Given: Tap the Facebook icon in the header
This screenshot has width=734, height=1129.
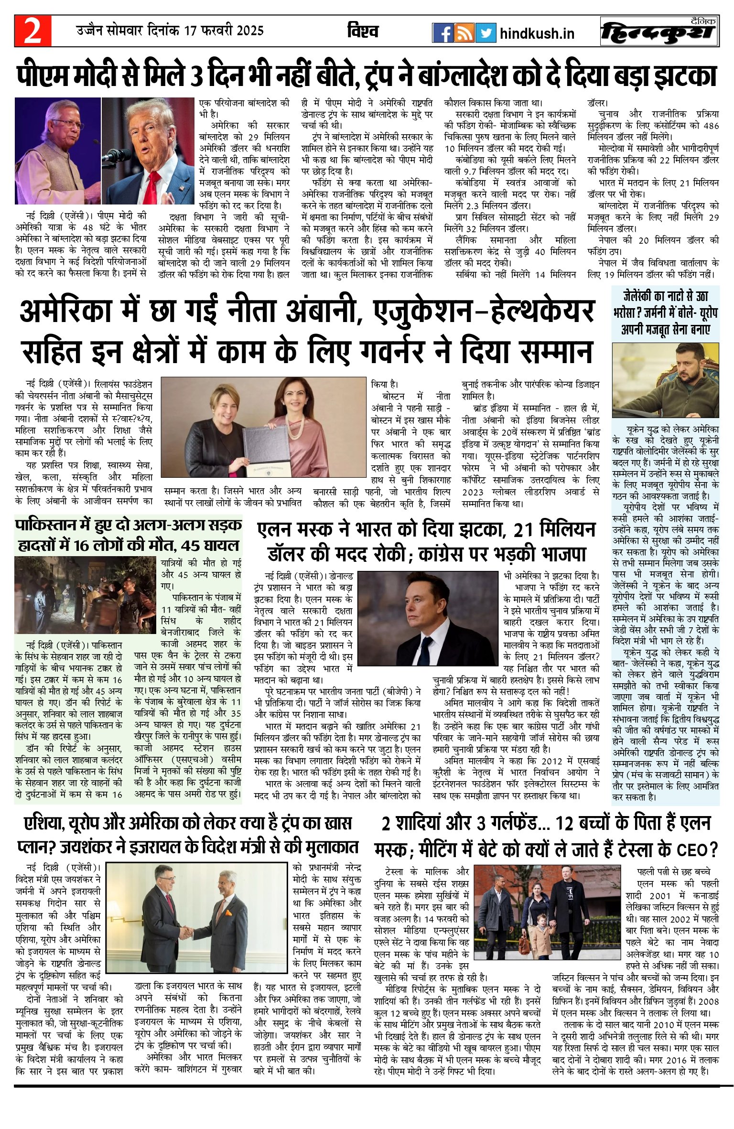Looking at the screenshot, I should (x=442, y=33).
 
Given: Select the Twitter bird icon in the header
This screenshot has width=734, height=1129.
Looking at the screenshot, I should (x=486, y=33).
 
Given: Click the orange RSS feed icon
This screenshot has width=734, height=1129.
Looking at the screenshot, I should (x=464, y=33).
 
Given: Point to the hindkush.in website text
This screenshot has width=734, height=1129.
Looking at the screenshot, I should (x=537, y=33).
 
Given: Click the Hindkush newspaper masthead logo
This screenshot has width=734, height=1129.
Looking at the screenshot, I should (x=660, y=32).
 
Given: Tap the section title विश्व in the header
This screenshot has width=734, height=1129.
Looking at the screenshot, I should (x=363, y=31).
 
